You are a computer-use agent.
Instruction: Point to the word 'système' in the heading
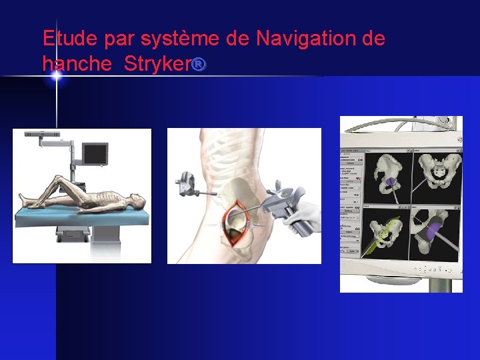[181, 39]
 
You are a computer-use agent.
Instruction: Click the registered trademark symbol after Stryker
[201, 64]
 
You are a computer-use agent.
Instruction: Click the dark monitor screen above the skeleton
[94, 154]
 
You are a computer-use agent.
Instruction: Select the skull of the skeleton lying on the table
[135, 200]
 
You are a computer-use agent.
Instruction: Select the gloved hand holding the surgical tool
[303, 217]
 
